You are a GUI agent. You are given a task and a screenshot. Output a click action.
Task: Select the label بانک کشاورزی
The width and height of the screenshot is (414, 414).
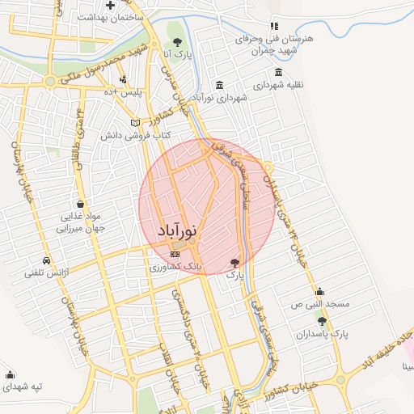(x=175, y=266)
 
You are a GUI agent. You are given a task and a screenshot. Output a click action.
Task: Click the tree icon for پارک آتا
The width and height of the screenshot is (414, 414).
(x=178, y=42)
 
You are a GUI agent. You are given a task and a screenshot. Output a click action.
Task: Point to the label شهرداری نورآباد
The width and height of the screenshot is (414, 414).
(x=220, y=97)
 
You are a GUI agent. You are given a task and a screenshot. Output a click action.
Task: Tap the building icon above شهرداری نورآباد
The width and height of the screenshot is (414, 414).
(x=220, y=86)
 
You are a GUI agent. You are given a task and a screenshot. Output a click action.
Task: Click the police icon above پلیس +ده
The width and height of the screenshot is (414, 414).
(x=122, y=80)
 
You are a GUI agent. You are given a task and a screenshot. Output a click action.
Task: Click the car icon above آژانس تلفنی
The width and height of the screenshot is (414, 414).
(x=47, y=261)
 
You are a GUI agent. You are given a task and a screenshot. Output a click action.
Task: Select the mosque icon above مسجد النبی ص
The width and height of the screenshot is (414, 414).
(x=319, y=292)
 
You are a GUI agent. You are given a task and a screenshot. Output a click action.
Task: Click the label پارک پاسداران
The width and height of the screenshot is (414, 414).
(x=322, y=333)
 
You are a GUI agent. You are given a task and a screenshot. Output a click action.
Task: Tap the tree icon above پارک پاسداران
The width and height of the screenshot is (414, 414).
(x=322, y=321)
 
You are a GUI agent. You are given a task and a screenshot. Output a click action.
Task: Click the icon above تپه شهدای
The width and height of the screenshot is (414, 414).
(x=11, y=374)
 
